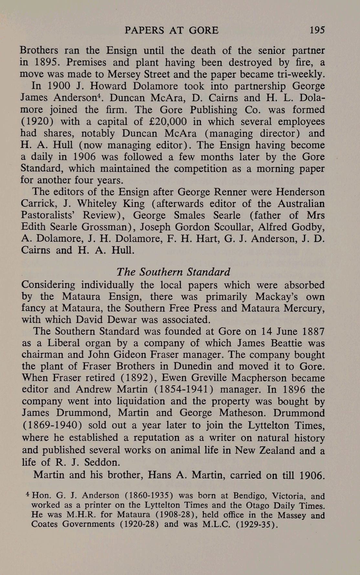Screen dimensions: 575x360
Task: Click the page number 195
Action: (317, 30)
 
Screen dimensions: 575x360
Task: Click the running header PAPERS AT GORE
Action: (172, 30)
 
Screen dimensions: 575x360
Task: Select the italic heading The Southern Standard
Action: (173, 272)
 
